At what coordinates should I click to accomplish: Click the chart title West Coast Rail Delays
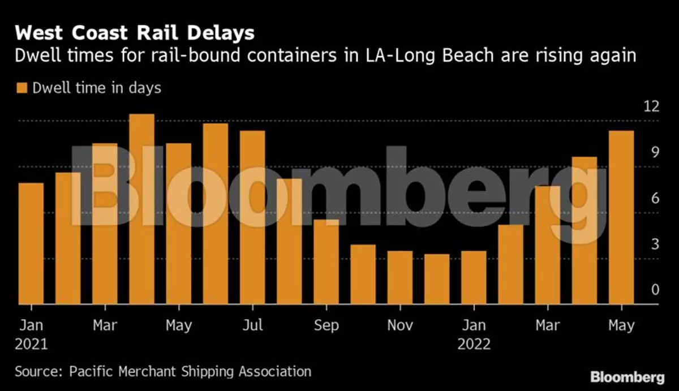[x=135, y=33]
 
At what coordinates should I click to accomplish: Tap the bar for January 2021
[x=31, y=244]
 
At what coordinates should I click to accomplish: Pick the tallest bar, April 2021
[x=141, y=209]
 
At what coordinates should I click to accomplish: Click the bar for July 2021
[x=252, y=218]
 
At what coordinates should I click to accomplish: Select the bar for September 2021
[x=326, y=262]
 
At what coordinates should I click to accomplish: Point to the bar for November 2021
[x=400, y=278]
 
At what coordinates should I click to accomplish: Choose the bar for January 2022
[x=474, y=278]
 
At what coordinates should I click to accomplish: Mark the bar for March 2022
[x=547, y=245]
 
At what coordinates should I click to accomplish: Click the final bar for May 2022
[x=621, y=218]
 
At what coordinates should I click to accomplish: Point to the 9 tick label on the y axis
[x=655, y=152]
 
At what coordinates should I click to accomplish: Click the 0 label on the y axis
[x=655, y=290]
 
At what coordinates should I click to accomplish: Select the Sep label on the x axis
[x=326, y=326]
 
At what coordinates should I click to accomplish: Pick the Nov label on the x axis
[x=400, y=326]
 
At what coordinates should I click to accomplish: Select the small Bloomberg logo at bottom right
[x=626, y=377]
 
